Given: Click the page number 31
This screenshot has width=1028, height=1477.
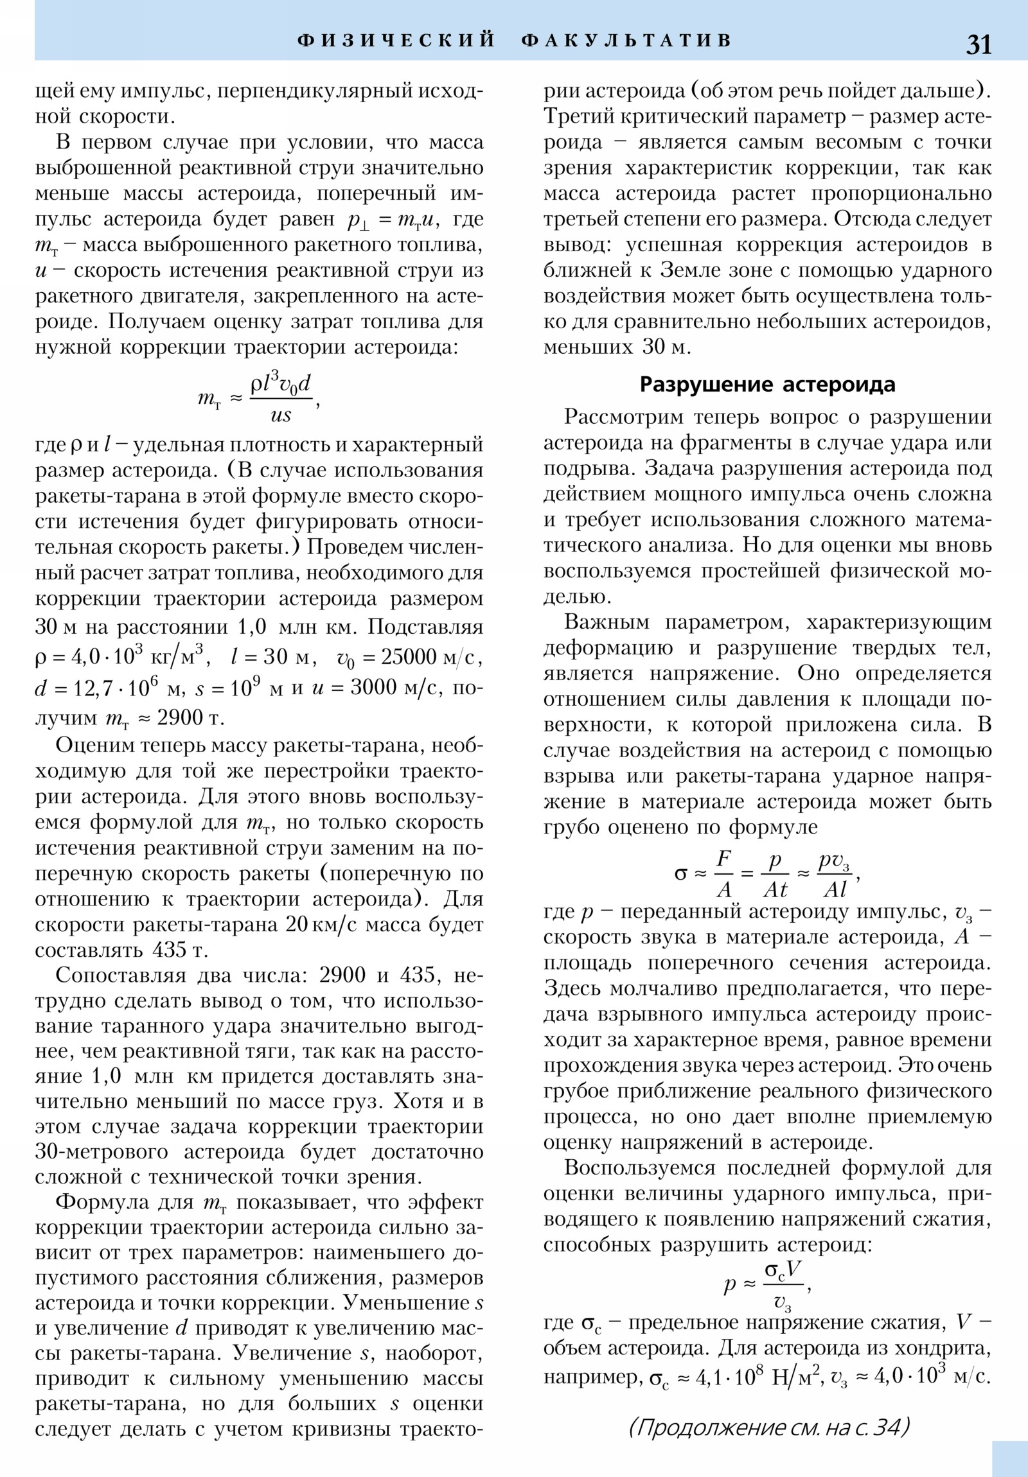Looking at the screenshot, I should [x=979, y=44].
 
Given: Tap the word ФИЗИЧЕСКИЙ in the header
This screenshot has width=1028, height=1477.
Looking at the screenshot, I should [x=396, y=40].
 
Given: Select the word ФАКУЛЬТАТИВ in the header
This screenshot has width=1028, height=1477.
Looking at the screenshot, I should [x=627, y=40].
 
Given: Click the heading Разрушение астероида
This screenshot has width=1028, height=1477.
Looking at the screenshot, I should [x=767, y=385].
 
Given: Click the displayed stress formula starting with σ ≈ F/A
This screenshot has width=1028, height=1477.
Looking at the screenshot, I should [x=766, y=874].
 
